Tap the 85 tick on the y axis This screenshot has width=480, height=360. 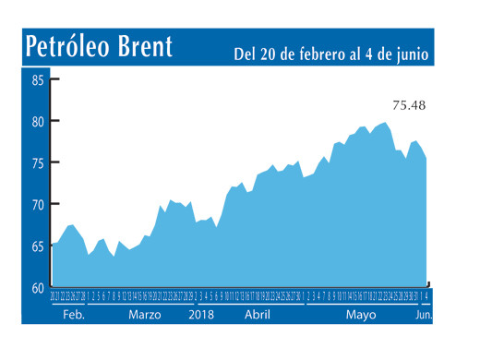pyautogui.click(x=39, y=79)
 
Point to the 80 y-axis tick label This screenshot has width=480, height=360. pyautogui.click(x=39, y=121)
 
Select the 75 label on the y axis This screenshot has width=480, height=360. pyautogui.click(x=39, y=162)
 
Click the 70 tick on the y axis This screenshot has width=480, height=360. pyautogui.click(x=39, y=204)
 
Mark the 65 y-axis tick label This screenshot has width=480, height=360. pyautogui.click(x=39, y=246)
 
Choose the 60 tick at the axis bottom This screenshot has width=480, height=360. pyautogui.click(x=39, y=288)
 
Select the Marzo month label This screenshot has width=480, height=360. pyautogui.click(x=145, y=315)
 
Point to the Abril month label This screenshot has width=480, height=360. pyautogui.click(x=257, y=315)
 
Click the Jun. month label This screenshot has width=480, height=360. pyautogui.click(x=422, y=315)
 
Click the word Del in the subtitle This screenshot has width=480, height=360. pyautogui.click(x=245, y=54)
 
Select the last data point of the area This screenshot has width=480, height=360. pyautogui.click(x=426, y=159)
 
